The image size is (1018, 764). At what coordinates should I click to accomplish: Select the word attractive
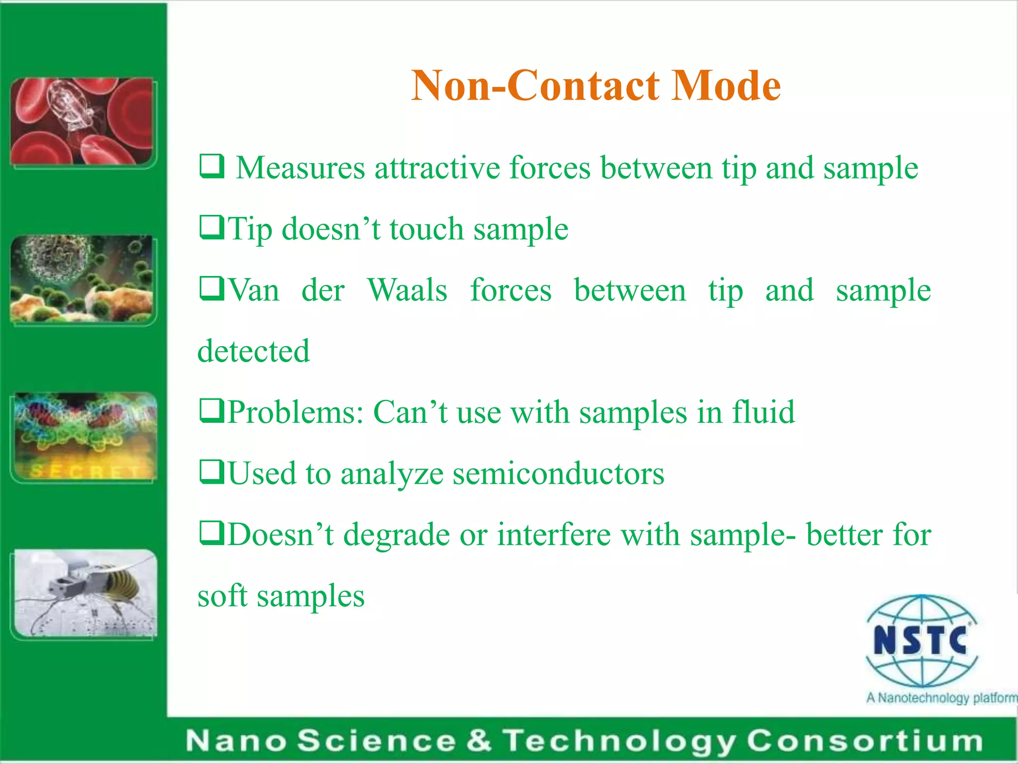tap(437, 168)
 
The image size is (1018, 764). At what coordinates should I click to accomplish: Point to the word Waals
tap(407, 290)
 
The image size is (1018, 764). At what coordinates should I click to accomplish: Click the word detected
tap(254, 351)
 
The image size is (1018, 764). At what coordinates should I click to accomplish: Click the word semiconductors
tap(558, 474)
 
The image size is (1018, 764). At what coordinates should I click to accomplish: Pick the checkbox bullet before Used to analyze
tap(211, 472)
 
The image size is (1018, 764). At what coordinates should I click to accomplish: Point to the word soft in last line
tap(222, 595)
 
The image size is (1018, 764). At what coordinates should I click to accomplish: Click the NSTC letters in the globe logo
tap(920, 640)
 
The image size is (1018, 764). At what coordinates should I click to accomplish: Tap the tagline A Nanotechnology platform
tap(941, 698)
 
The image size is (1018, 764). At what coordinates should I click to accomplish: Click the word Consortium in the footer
tap(864, 741)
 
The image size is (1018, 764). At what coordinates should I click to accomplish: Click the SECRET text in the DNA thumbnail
tap(85, 470)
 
